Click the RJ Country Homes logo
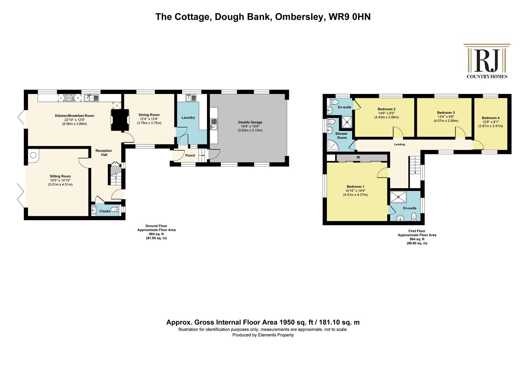tap(487, 61)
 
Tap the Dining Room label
tap(149, 115)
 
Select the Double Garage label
tap(250, 122)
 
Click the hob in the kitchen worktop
tap(69, 98)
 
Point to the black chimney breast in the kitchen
tap(120, 120)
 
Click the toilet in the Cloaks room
tap(115, 209)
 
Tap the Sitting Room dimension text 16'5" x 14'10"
tap(60, 180)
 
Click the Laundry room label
tap(188, 117)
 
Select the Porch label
tap(190, 155)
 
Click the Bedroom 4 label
tap(491, 118)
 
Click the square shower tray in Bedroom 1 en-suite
tap(398, 197)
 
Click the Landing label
tap(399, 145)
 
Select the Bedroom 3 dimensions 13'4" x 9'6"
tap(446, 117)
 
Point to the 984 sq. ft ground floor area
tap(156, 234)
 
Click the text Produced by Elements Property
tap(263, 335)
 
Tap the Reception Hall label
tap(104, 153)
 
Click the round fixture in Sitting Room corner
tap(33, 155)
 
